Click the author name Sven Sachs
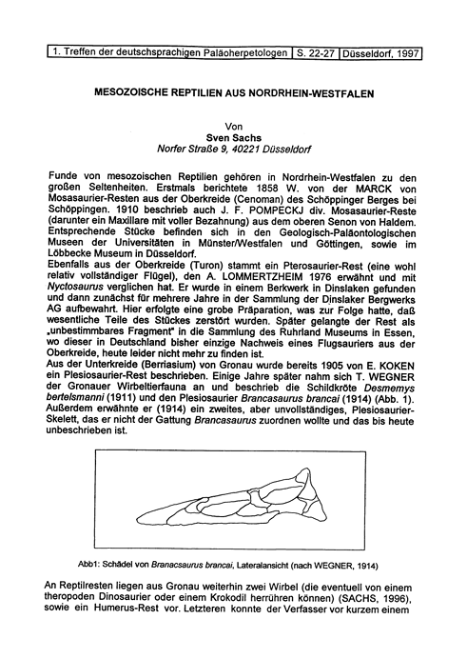point(232,137)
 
